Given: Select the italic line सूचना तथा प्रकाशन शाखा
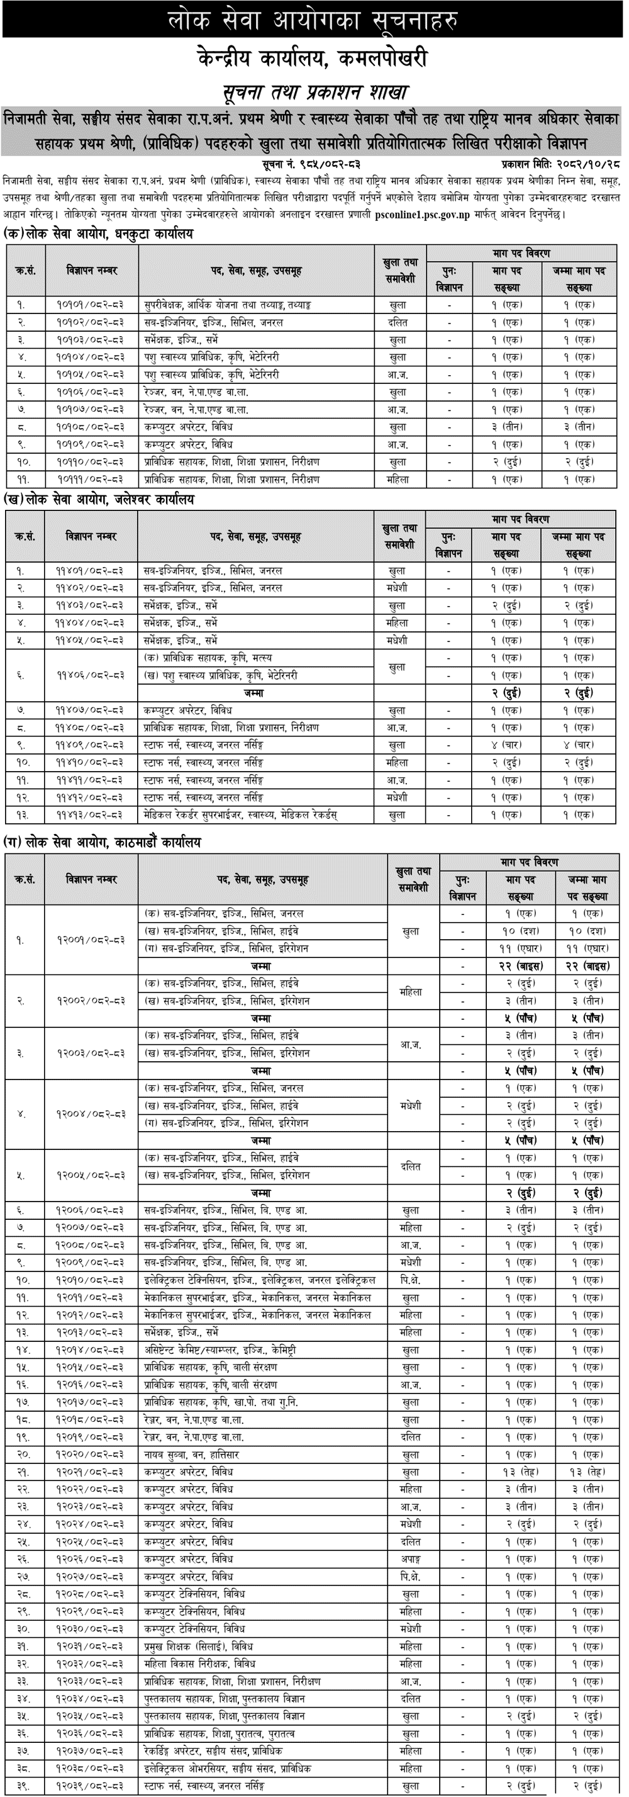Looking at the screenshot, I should (314, 92).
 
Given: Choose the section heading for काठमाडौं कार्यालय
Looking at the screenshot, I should (103, 843).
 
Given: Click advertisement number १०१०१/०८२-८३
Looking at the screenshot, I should (91, 305).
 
